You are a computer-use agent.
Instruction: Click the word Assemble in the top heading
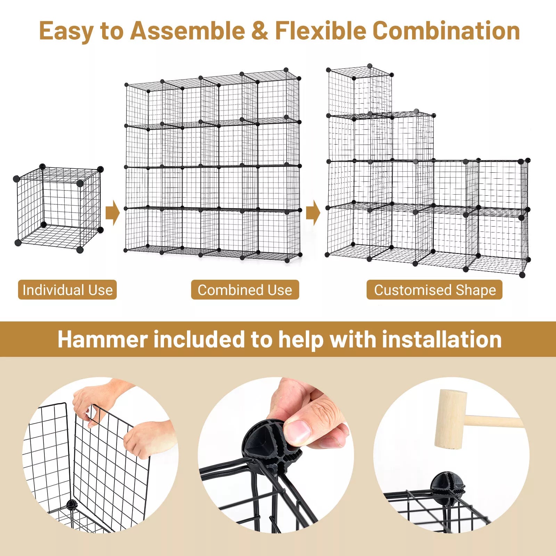[x=188, y=31]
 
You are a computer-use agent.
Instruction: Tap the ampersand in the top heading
[x=260, y=31]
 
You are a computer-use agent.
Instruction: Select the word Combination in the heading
[x=446, y=31]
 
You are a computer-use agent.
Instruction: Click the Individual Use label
[x=67, y=290]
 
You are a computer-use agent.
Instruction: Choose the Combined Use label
[x=245, y=290]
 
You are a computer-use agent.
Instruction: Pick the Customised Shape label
[x=434, y=290]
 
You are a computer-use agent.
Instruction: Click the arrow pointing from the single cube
[x=112, y=212]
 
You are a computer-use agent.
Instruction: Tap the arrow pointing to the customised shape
[x=313, y=212]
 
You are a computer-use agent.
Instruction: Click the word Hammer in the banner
[x=103, y=339]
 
